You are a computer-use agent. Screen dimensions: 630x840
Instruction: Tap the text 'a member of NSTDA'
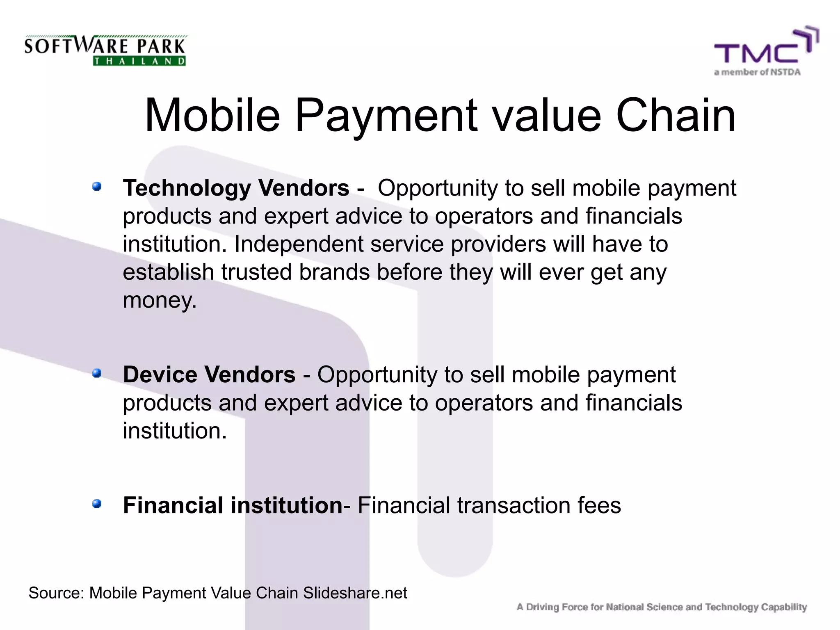(x=757, y=72)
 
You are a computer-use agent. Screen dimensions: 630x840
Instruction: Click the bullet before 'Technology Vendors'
(x=97, y=187)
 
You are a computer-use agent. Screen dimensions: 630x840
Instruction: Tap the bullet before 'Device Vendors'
(x=97, y=373)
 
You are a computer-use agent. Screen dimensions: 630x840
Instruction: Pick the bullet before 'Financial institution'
(x=97, y=504)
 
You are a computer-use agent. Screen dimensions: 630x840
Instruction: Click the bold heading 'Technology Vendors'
(x=236, y=188)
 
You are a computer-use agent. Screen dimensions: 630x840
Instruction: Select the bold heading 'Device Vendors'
(x=209, y=374)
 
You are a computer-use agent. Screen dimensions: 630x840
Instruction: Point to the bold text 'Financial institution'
(x=233, y=505)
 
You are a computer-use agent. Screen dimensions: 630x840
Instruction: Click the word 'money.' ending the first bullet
(x=160, y=301)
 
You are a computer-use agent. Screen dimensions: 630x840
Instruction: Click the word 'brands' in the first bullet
(x=334, y=272)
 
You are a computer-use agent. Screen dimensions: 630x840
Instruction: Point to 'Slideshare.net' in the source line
(x=355, y=593)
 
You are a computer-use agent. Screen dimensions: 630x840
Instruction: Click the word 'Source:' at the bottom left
(x=56, y=593)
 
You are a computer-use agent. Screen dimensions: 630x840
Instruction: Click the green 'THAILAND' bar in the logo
(x=139, y=61)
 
